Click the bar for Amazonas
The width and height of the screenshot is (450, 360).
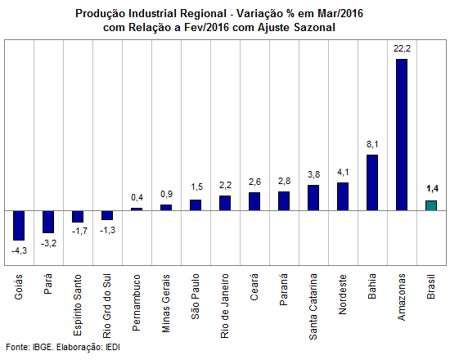[402, 135]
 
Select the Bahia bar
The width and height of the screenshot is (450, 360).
[372, 182]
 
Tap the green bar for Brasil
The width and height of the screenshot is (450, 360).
[431, 205]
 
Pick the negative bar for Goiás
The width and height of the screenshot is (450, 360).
[19, 225]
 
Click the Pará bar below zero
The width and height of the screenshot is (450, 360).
[48, 222]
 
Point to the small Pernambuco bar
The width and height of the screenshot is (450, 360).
[137, 209]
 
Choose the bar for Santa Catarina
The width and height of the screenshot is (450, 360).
[313, 198]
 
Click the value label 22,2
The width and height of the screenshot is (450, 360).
[402, 48]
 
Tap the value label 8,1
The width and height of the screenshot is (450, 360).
[372, 144]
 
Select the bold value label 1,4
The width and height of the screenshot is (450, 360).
[432, 189]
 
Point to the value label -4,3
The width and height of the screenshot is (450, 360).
[20, 250]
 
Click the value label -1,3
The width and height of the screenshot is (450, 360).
[108, 230]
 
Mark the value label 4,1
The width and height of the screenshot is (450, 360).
[343, 172]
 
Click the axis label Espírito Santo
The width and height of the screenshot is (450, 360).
[78, 305]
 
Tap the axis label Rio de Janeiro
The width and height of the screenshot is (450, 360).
[225, 306]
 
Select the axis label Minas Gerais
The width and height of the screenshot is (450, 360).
[166, 304]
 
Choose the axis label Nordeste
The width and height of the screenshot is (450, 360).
[343, 295]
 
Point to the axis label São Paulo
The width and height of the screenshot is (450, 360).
[196, 296]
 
